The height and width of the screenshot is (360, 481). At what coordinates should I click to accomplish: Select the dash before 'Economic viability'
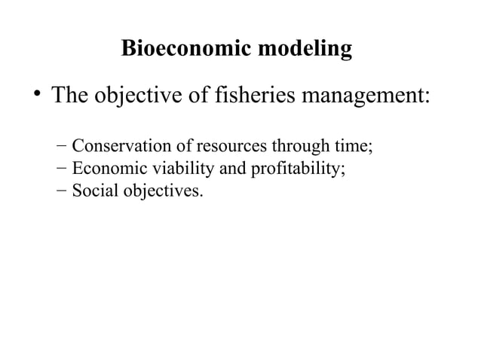tap(61, 168)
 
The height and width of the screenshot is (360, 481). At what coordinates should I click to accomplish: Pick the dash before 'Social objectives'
tap(61, 191)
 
